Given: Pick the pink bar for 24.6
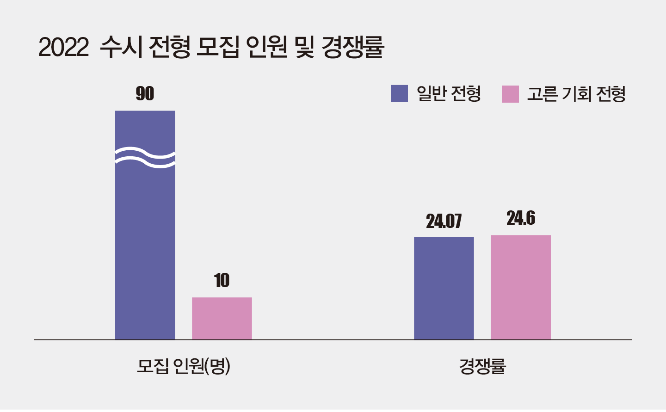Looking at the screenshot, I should pos(521,287).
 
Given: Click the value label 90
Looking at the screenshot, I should pos(145,94).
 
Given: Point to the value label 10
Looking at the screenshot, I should pos(222,281).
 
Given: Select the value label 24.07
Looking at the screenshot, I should pos(444,221).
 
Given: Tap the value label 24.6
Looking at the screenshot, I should pos(521,218).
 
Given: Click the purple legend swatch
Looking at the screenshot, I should pos(399,93).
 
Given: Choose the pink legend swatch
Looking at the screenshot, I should pos(510,94).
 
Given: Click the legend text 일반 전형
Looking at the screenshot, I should pos(449,94).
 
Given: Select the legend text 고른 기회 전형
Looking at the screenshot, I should pos(576,94).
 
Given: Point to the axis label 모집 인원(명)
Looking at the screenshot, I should pos(184,366).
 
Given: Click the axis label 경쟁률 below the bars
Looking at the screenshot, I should pos(482,366).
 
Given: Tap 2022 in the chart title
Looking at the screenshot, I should pos(63,48).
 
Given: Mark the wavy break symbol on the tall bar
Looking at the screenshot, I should pos(145,157).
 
